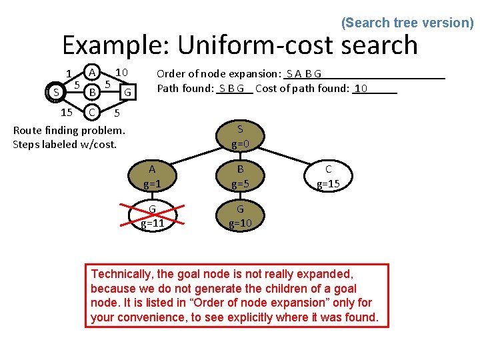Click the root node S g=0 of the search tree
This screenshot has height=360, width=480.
pyautogui.click(x=240, y=137)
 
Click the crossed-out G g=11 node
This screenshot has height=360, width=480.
pyautogui.click(x=153, y=216)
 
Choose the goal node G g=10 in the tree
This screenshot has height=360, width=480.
pyautogui.click(x=240, y=216)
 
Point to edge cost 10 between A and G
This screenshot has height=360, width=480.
pyautogui.click(x=121, y=71)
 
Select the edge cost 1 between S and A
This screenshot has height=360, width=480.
pyautogui.click(x=69, y=73)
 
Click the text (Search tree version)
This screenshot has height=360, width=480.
pyautogui.click(x=407, y=23)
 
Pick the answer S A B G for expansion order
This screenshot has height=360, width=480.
pyautogui.click(x=304, y=73)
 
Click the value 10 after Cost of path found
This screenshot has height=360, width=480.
pyautogui.click(x=361, y=88)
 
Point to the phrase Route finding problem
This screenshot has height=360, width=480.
pyautogui.click(x=69, y=129)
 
